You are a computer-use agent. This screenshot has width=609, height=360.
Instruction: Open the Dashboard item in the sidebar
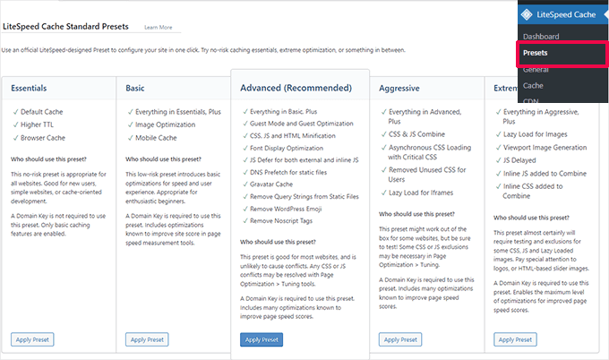pyautogui.click(x=540, y=37)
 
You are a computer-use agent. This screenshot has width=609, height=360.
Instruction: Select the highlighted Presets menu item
pyautogui.click(x=536, y=53)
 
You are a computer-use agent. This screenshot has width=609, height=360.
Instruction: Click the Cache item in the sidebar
pyautogui.click(x=533, y=85)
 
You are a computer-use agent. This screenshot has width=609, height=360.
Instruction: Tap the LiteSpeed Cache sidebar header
pyautogui.click(x=559, y=13)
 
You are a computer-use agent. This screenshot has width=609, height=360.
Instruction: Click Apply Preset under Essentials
pyautogui.click(x=33, y=339)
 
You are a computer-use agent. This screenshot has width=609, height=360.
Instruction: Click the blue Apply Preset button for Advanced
pyautogui.click(x=262, y=339)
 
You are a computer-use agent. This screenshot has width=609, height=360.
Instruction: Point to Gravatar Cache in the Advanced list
pyautogui.click(x=277, y=182)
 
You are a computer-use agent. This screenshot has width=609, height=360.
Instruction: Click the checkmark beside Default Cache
pyautogui.click(x=14, y=111)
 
